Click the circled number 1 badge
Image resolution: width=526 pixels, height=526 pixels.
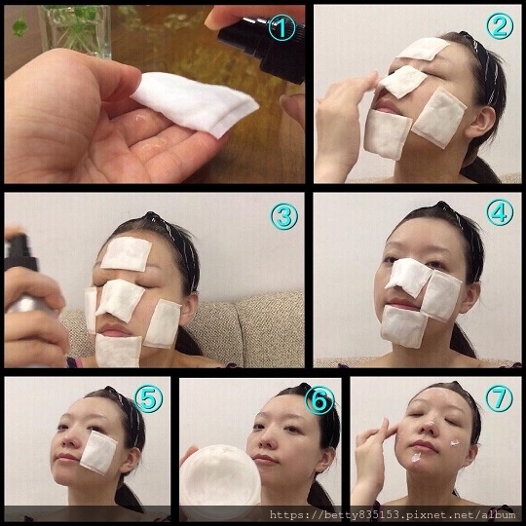pos(282,28)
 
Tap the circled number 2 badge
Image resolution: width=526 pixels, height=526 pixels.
pos(500,26)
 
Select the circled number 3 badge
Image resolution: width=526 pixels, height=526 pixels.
pos(284,216)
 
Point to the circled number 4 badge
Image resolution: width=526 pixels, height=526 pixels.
pos(500,212)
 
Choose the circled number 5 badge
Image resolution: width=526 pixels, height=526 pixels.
pos(149,398)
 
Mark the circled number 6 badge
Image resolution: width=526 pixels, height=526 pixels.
pos(319,400)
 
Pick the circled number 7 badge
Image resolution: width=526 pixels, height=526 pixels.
pos(500,398)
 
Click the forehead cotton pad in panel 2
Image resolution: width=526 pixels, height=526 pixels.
pos(423,49)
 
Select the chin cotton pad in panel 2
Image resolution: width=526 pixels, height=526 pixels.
pos(388,134)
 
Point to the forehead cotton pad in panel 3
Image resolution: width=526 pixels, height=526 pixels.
pos(127,253)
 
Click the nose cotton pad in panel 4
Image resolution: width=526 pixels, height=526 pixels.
pos(408,276)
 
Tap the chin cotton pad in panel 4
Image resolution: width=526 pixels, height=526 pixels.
pos(403,325)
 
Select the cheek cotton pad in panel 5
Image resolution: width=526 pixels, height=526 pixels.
pos(98,453)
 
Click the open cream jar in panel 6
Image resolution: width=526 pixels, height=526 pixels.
pos(220,474)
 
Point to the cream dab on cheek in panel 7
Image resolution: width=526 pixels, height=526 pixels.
pos(455,443)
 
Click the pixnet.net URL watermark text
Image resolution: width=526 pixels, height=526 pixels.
pos(393,514)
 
